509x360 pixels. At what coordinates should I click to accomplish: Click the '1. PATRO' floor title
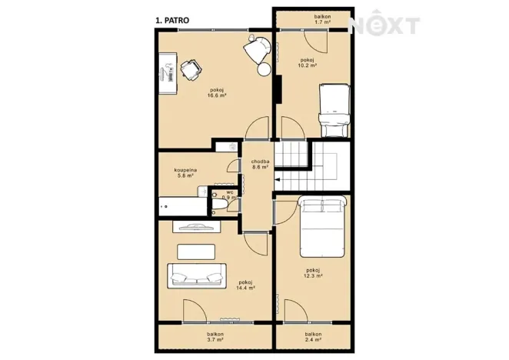click(x=172, y=21)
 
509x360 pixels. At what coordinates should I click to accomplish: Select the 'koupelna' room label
click(x=185, y=170)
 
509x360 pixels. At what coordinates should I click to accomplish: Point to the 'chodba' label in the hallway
click(x=261, y=162)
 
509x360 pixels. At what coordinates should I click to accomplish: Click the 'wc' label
click(x=230, y=192)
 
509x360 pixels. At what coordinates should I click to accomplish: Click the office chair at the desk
click(x=191, y=70)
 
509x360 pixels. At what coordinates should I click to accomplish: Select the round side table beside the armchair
click(x=264, y=69)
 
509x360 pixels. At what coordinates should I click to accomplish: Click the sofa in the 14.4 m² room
click(x=197, y=276)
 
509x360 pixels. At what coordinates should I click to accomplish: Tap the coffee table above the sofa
click(x=196, y=252)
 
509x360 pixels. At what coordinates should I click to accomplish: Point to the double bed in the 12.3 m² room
click(x=322, y=226)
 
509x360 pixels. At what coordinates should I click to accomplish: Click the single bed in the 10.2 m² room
click(x=334, y=111)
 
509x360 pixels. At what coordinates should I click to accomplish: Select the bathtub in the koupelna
click(x=183, y=206)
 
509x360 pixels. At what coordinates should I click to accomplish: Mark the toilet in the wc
click(x=219, y=204)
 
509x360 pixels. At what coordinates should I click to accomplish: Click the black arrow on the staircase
click(x=278, y=179)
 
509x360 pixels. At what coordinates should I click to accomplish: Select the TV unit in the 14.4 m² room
click(x=196, y=226)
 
